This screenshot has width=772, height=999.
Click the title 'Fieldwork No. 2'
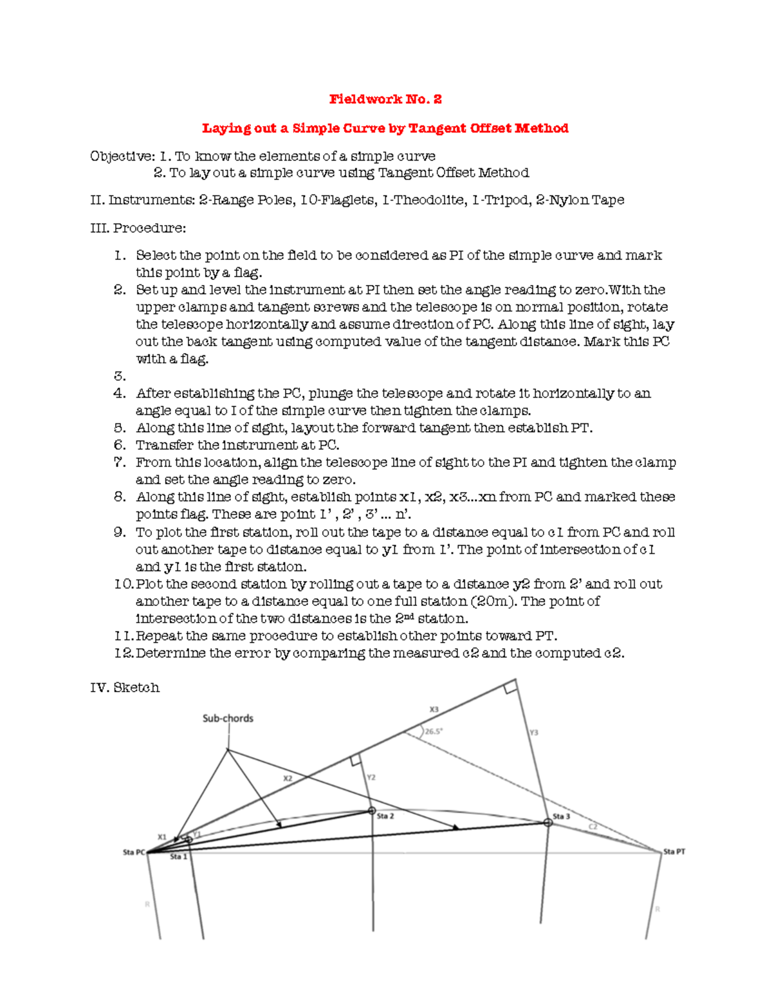385,99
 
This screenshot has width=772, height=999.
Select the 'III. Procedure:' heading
138,228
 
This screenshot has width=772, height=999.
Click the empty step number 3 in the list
120,376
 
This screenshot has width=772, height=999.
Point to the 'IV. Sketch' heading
125,688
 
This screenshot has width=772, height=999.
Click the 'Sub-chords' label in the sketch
228,719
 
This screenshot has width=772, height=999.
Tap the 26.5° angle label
434,731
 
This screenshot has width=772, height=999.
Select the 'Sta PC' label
134,852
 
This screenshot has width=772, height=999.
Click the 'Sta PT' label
674,852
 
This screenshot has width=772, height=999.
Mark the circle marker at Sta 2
372,811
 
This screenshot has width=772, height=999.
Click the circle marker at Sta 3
548,822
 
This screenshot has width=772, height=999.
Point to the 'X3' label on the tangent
434,710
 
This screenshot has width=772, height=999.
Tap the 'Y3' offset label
534,733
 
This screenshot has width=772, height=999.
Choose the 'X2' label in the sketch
288,778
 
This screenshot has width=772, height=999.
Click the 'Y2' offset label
371,778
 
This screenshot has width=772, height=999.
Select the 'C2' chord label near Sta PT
593,827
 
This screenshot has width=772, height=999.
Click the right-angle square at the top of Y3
511,687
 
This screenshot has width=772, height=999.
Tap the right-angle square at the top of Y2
355,760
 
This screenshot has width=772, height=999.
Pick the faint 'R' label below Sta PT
657,910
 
